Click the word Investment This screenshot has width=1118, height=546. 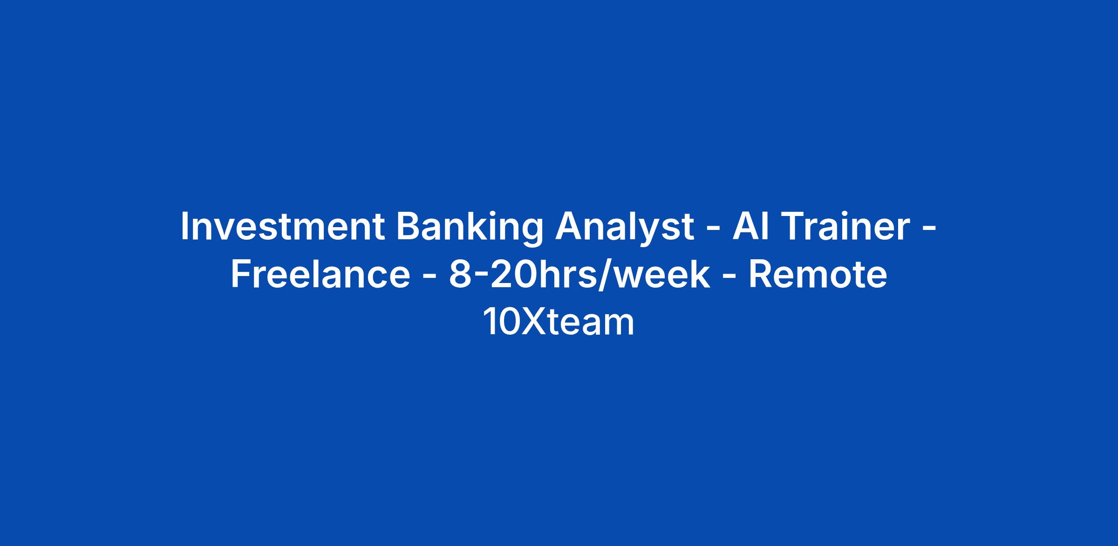pyautogui.click(x=283, y=226)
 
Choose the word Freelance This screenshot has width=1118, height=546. pyautogui.click(x=320, y=274)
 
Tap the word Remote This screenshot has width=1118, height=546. pyautogui.click(x=818, y=274)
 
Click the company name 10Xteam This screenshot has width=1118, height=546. pyautogui.click(x=559, y=322)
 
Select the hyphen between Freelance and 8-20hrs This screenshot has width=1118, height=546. pyautogui.click(x=429, y=278)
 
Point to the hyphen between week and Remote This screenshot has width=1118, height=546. pyautogui.click(x=729, y=278)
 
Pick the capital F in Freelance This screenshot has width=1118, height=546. pyautogui.click(x=241, y=275)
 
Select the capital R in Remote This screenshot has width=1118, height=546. pyautogui.click(x=760, y=275)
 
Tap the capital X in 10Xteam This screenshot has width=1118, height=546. pyautogui.click(x=534, y=322)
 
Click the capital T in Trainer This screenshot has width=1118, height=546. pyautogui.click(x=784, y=227)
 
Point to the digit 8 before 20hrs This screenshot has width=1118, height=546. pyautogui.click(x=459, y=275)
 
